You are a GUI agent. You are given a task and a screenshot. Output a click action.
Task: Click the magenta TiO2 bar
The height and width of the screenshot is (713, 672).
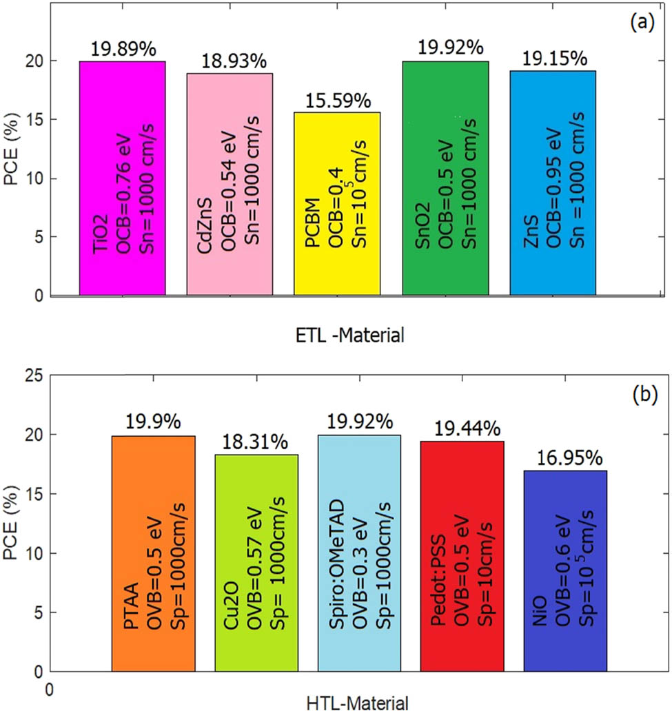pyautogui.click(x=122, y=178)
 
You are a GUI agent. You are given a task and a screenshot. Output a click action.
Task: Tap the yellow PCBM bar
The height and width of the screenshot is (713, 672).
pyautogui.click(x=337, y=204)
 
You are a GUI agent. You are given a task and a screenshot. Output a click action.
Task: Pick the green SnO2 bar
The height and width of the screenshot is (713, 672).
pyautogui.click(x=445, y=178)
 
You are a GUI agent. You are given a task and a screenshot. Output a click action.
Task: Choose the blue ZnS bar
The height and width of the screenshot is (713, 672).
pyautogui.click(x=553, y=183)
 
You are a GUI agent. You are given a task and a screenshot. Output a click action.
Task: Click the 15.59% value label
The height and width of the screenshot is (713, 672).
pyautogui.click(x=337, y=101)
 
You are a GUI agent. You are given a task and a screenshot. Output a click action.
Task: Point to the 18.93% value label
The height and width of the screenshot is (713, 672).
pyautogui.click(x=233, y=61)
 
